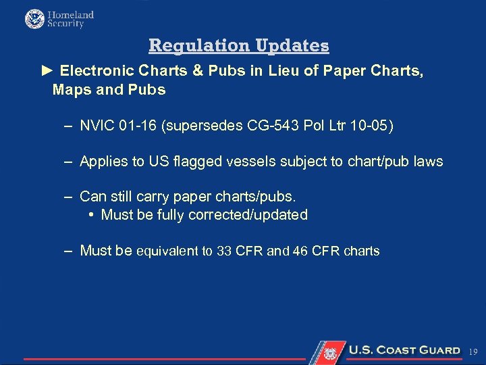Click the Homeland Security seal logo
point(34,19)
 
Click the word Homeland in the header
point(70,14)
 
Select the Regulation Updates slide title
point(239,45)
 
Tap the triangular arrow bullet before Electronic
point(47,70)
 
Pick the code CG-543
point(268,126)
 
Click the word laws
point(428,162)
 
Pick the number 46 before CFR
point(300,251)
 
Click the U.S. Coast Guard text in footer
point(404,350)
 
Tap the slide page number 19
point(473,351)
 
